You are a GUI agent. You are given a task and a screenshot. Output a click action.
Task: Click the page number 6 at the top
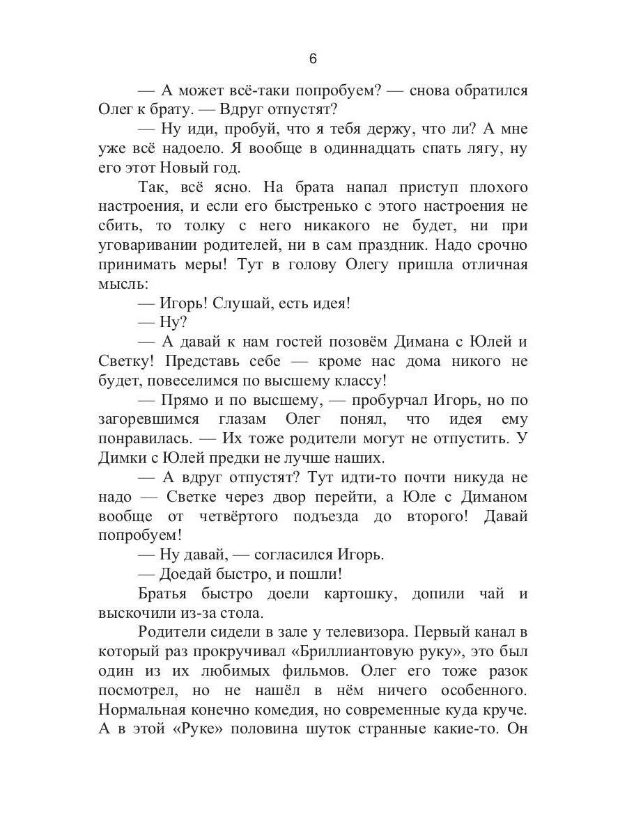pos(313,59)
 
